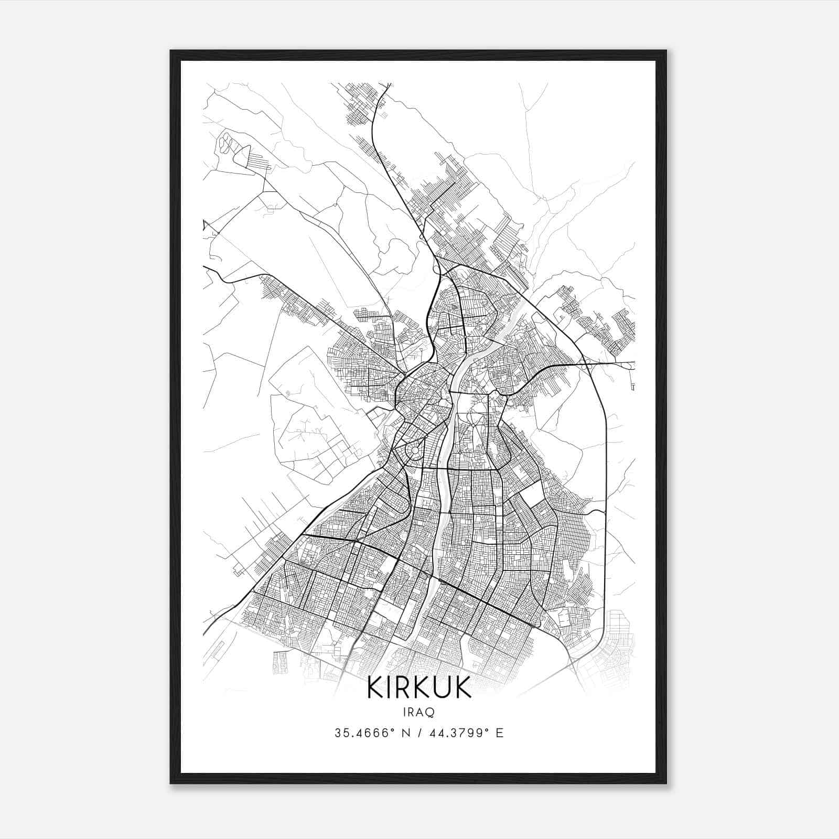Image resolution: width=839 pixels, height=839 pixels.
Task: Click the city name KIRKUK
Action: click(x=419, y=687)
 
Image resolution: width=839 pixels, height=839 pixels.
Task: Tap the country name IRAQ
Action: click(x=419, y=712)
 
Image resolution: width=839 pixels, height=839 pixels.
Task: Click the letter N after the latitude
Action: click(x=406, y=733)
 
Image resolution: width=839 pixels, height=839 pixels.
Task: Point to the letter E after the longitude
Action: click(x=499, y=733)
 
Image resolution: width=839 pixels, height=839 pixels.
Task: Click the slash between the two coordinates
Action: click(x=419, y=733)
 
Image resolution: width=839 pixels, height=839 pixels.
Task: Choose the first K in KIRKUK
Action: click(x=375, y=687)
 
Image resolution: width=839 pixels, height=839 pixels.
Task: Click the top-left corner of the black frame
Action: click(x=171, y=51)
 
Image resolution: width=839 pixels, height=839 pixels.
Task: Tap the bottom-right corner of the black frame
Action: click(x=666, y=783)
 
